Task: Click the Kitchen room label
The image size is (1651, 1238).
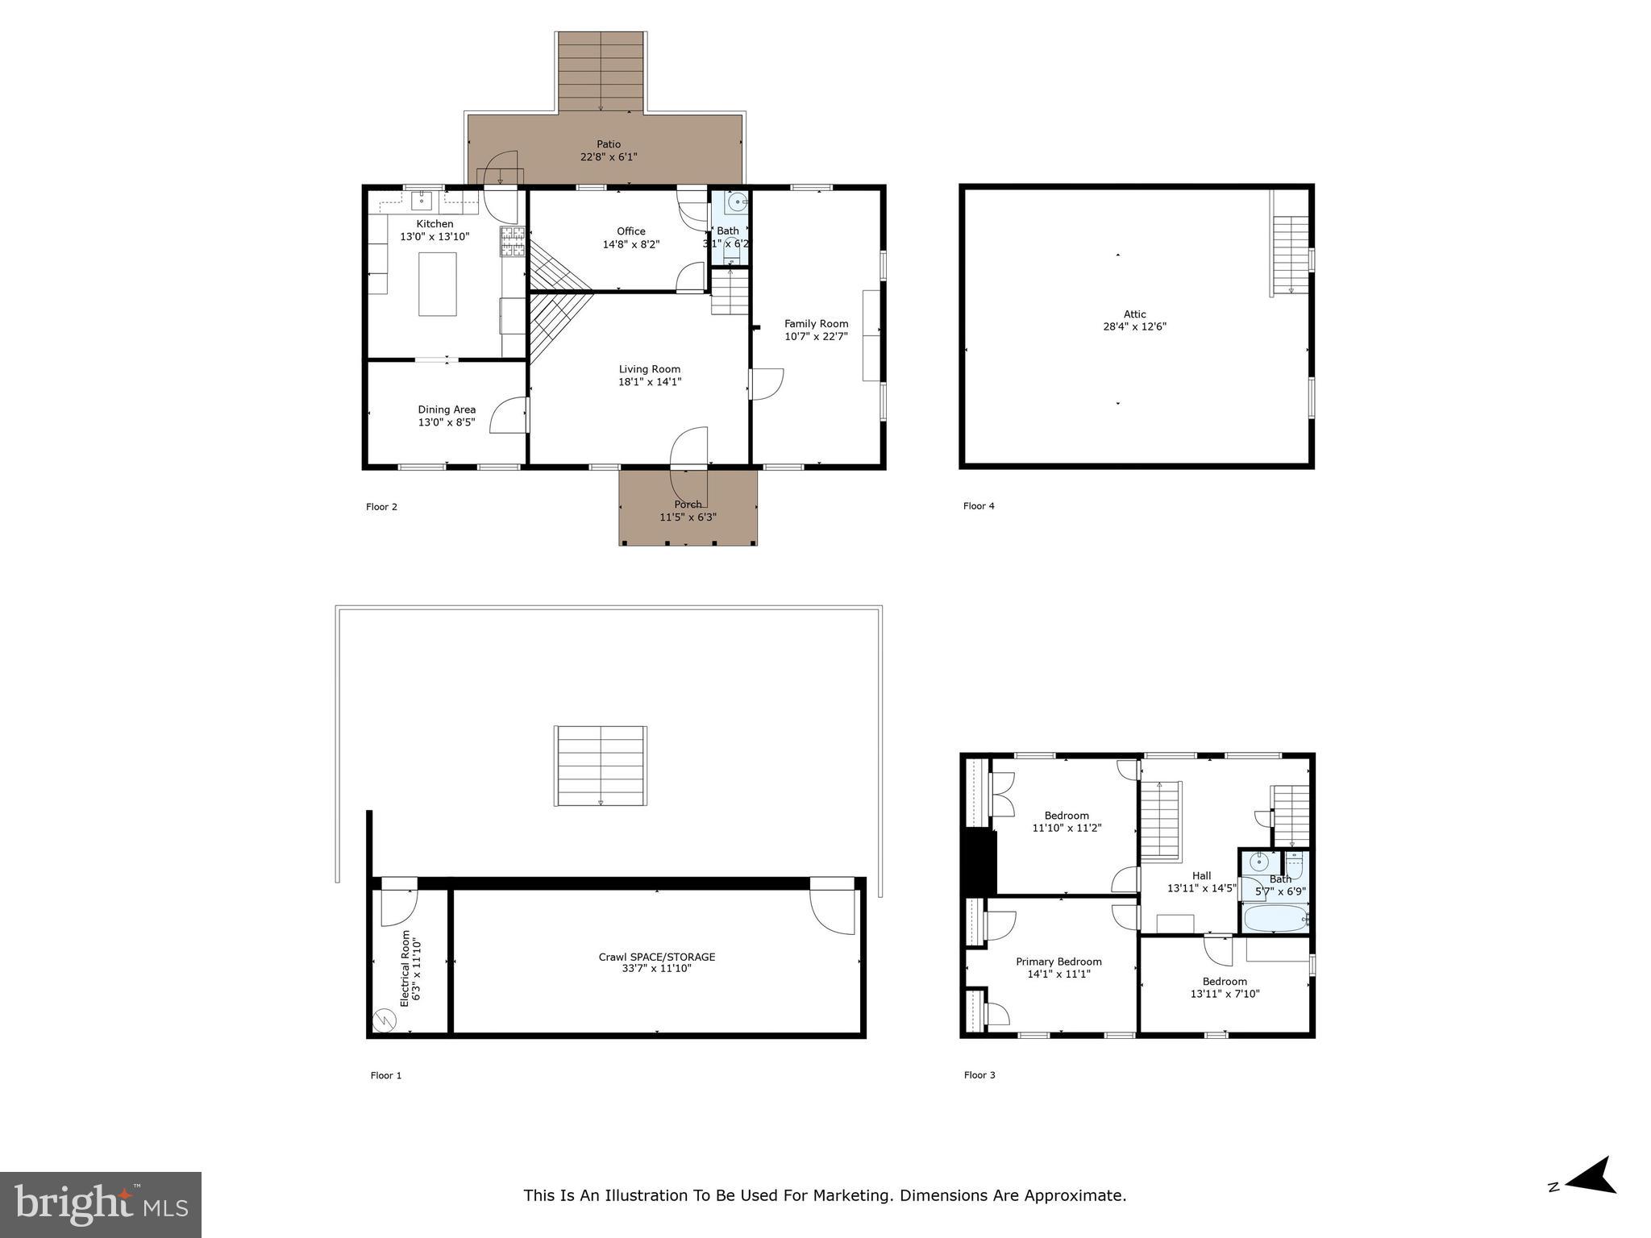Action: pyautogui.click(x=435, y=224)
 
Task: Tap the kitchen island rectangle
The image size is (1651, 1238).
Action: pyautogui.click(x=437, y=284)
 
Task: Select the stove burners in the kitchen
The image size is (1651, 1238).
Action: pyautogui.click(x=513, y=242)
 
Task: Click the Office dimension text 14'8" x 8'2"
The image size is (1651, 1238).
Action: pyautogui.click(x=631, y=244)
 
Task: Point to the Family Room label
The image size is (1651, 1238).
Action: pyautogui.click(x=816, y=324)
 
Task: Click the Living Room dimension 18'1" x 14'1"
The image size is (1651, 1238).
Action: pyautogui.click(x=650, y=382)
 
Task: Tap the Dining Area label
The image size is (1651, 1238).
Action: pyautogui.click(x=447, y=409)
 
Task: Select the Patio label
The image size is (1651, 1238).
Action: pyautogui.click(x=609, y=144)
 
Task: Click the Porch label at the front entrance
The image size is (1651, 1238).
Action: pyautogui.click(x=688, y=505)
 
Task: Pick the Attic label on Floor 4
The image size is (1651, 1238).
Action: pyautogui.click(x=1134, y=314)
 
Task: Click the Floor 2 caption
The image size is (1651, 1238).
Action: pyautogui.click(x=381, y=507)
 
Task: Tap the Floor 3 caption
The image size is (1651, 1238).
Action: pyautogui.click(x=979, y=1074)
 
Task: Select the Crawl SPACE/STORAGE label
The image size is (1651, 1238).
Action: pyautogui.click(x=656, y=957)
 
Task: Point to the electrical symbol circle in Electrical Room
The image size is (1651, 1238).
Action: pyautogui.click(x=385, y=1021)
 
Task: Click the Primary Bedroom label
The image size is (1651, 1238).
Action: pyautogui.click(x=1058, y=962)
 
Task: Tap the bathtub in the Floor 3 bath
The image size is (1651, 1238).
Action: pyautogui.click(x=1275, y=918)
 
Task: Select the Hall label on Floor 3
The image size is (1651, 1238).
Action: pyautogui.click(x=1201, y=875)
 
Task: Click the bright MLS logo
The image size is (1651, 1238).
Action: pyautogui.click(x=101, y=1204)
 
